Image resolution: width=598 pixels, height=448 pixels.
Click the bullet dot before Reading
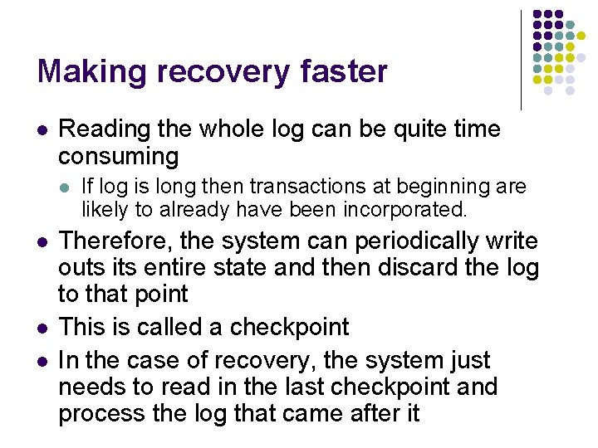pos(42,130)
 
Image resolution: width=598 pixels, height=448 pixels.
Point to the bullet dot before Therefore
pos(42,242)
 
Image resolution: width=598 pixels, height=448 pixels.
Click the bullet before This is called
pos(42,328)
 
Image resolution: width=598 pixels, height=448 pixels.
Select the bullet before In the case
pos(42,361)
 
